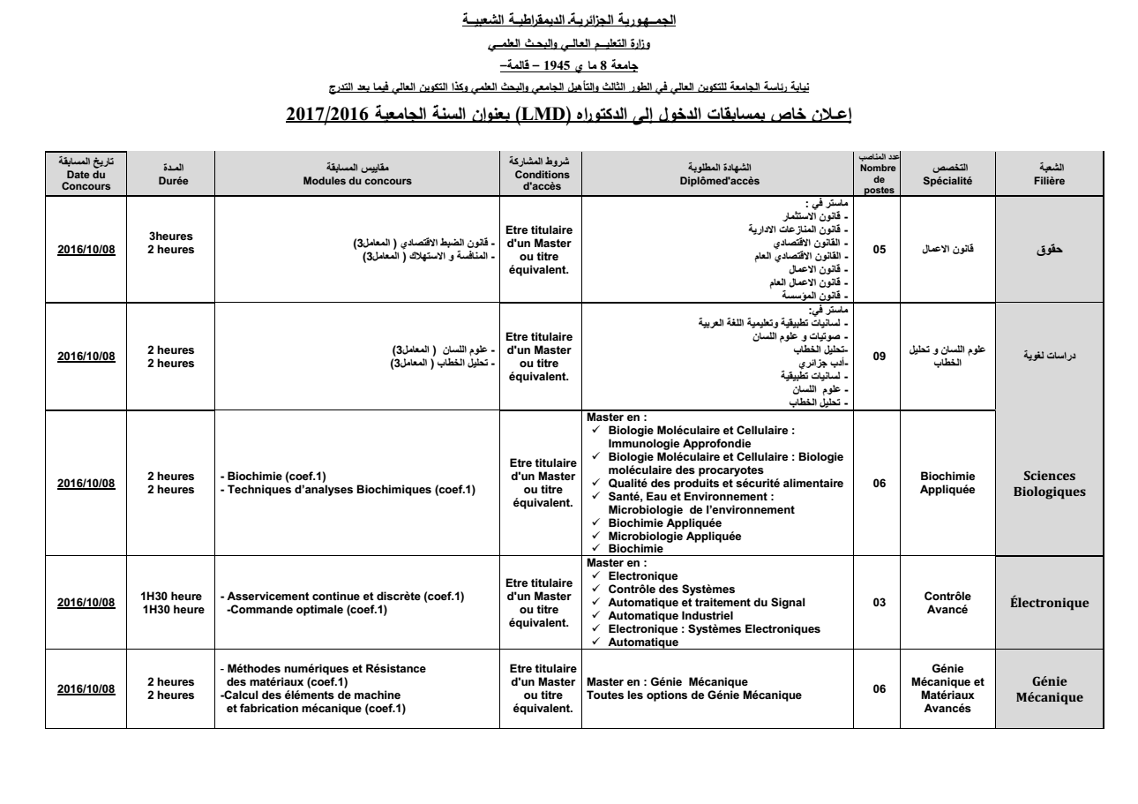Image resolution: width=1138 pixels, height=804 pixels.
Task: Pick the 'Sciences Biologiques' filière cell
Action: coord(1049,484)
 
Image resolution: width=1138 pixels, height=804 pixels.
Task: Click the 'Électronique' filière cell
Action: coord(1049,604)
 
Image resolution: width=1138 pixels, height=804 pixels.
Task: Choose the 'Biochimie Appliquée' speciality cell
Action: coord(947,484)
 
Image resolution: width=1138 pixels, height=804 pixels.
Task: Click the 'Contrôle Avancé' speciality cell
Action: coord(947,604)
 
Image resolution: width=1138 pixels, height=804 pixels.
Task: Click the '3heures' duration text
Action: coord(171,237)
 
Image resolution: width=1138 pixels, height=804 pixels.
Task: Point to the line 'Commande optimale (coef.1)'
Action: coord(296,610)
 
